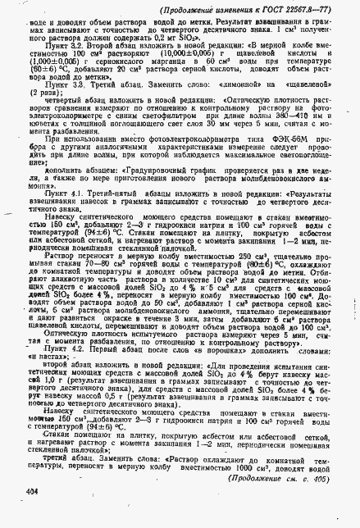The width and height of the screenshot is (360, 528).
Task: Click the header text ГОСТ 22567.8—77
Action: [x=304, y=9]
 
